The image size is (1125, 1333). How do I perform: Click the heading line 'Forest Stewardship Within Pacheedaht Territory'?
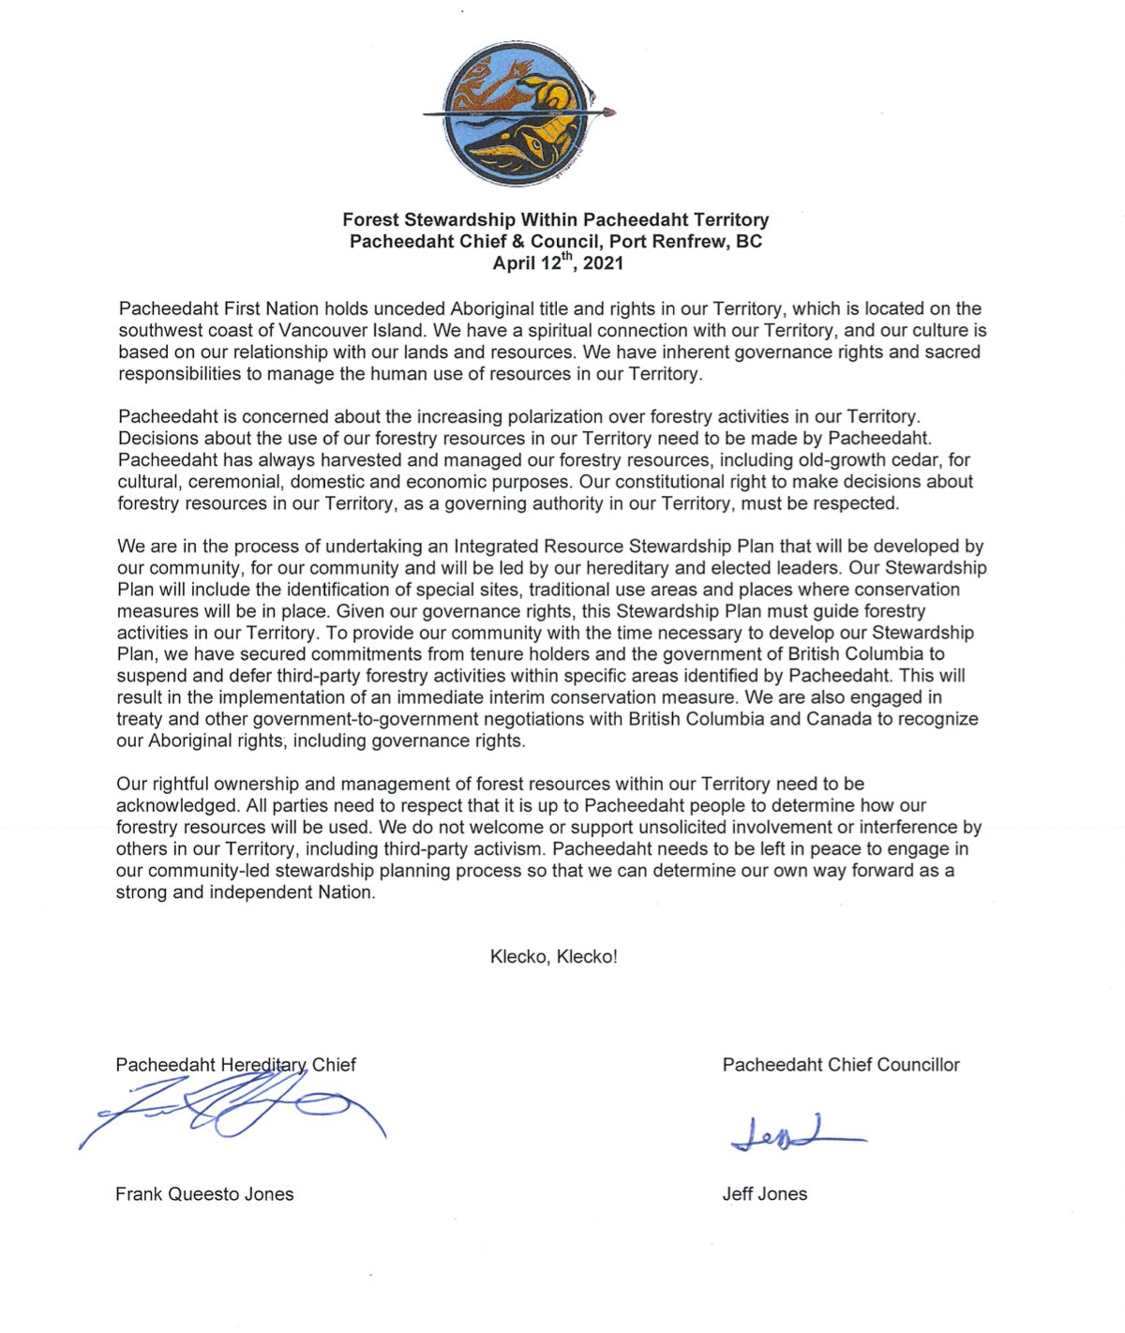coord(555,220)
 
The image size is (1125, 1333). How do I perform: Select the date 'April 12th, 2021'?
coord(558,263)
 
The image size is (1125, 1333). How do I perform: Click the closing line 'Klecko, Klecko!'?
coord(553,957)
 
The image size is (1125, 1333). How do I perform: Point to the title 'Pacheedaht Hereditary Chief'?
coord(235,1065)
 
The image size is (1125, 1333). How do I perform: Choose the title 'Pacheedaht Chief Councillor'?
coord(841,1065)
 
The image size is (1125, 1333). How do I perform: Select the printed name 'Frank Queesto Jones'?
coord(204,1194)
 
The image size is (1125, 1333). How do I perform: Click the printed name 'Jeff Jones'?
coord(764,1194)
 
